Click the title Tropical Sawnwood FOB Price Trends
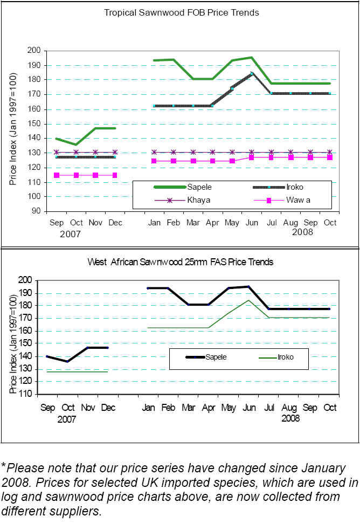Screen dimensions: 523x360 (x=181, y=12)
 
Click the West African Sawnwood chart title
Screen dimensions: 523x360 (x=181, y=262)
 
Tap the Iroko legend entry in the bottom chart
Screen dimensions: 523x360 (x=286, y=357)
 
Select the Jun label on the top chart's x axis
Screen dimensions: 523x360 (x=252, y=223)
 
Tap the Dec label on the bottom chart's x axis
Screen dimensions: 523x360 (x=108, y=408)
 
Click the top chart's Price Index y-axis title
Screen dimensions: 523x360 (x=13, y=130)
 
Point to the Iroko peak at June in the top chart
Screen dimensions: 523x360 (x=252, y=73)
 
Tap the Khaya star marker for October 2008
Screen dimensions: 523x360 (x=330, y=152)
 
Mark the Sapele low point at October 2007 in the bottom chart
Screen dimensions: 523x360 (x=68, y=361)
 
